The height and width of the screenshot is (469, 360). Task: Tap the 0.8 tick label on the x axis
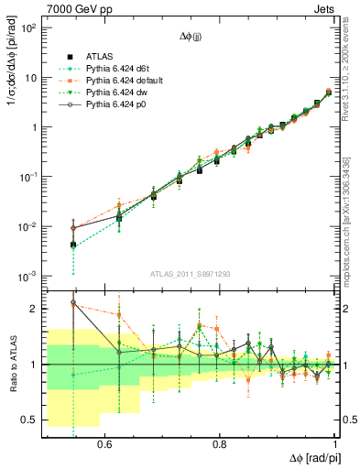point(219,443)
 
